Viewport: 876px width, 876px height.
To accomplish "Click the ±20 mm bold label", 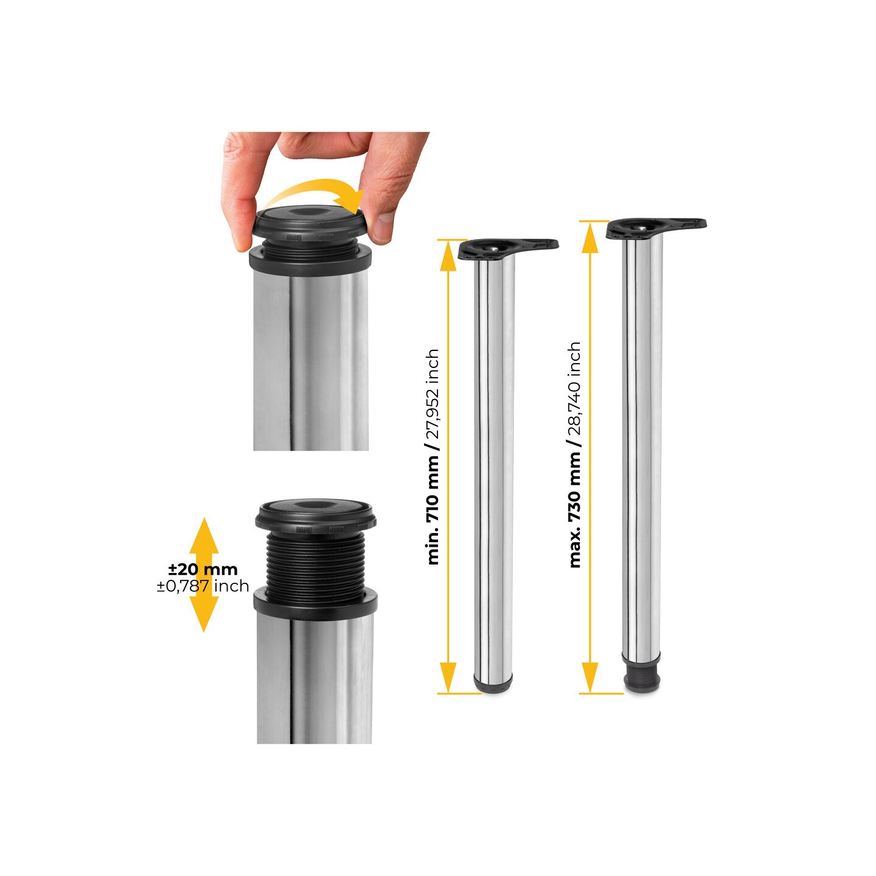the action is point(203,569).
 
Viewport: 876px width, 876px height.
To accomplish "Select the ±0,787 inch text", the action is point(203,586).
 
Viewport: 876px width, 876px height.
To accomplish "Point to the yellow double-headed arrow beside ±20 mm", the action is point(204,575).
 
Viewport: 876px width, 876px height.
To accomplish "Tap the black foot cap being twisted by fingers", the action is point(311,224).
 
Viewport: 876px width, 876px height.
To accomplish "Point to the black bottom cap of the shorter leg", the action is point(493,685).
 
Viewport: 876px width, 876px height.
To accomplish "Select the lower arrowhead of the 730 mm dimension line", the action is point(590,677).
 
